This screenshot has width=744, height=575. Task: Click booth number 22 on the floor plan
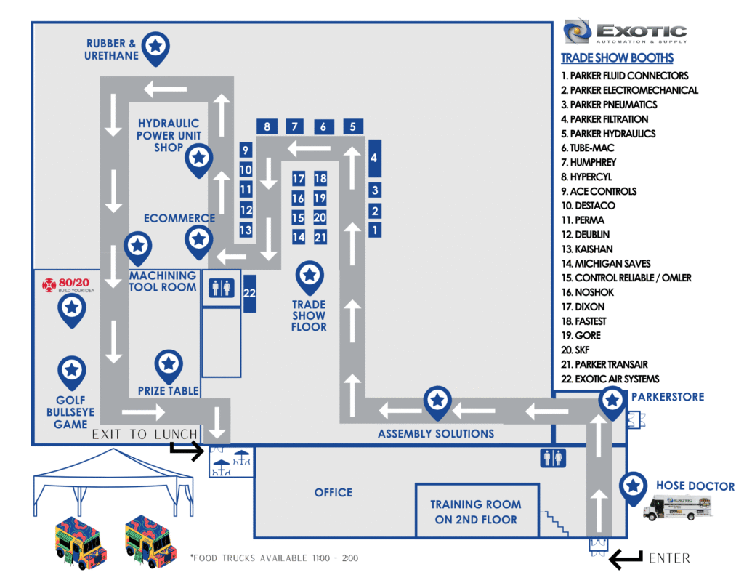pos(250,294)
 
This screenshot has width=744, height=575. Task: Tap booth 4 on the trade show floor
pos(374,158)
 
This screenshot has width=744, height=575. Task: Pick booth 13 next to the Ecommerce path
pos(246,230)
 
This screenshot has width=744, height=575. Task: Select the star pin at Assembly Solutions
pos(437,401)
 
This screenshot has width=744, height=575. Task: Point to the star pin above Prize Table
pos(169,363)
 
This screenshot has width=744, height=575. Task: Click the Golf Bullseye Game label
pos(70,411)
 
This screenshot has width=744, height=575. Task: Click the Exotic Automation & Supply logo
pos(626,33)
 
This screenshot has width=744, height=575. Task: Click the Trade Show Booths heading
pos(617,58)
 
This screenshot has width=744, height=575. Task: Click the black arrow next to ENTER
pos(625,559)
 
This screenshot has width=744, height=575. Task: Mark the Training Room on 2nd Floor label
pos(475,512)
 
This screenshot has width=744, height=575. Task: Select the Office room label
pos(333,493)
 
